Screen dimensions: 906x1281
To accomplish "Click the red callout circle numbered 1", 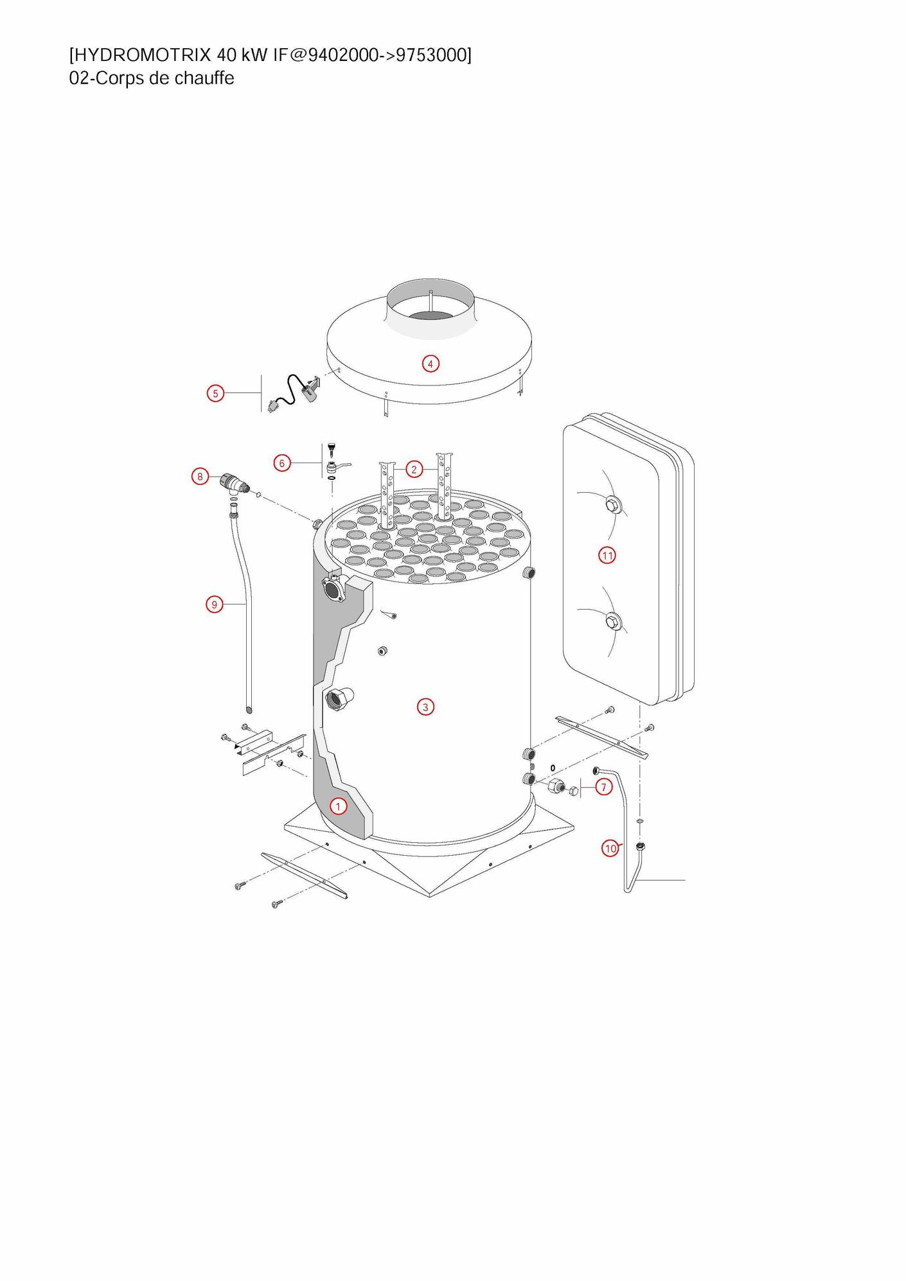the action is pyautogui.click(x=338, y=806).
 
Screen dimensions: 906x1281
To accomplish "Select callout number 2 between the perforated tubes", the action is pyautogui.click(x=414, y=469).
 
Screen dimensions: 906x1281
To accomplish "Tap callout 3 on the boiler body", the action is pyautogui.click(x=425, y=707).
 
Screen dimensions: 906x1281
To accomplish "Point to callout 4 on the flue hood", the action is pyautogui.click(x=431, y=364).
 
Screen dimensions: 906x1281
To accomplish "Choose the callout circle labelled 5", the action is pyautogui.click(x=215, y=393).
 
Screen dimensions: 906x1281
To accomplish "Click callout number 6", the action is pyautogui.click(x=282, y=463).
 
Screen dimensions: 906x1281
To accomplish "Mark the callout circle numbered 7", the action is pyautogui.click(x=603, y=787).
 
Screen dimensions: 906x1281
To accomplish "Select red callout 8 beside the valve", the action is pyautogui.click(x=200, y=477).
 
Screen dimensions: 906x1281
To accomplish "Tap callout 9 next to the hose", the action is pyautogui.click(x=215, y=604).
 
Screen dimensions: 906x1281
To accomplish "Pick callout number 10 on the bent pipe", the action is pyautogui.click(x=610, y=848).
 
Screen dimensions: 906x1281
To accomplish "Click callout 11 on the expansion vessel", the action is pyautogui.click(x=607, y=555).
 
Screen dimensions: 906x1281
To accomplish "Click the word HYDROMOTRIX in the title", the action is pyautogui.click(x=140, y=55).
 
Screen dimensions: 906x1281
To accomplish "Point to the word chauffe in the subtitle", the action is pyautogui.click(x=204, y=78).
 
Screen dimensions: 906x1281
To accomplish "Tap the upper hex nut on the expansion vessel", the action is pyautogui.click(x=614, y=506).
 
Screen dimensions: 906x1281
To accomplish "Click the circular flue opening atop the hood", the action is pyautogui.click(x=431, y=308).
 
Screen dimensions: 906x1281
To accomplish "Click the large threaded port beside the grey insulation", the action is pyautogui.click(x=339, y=698).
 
